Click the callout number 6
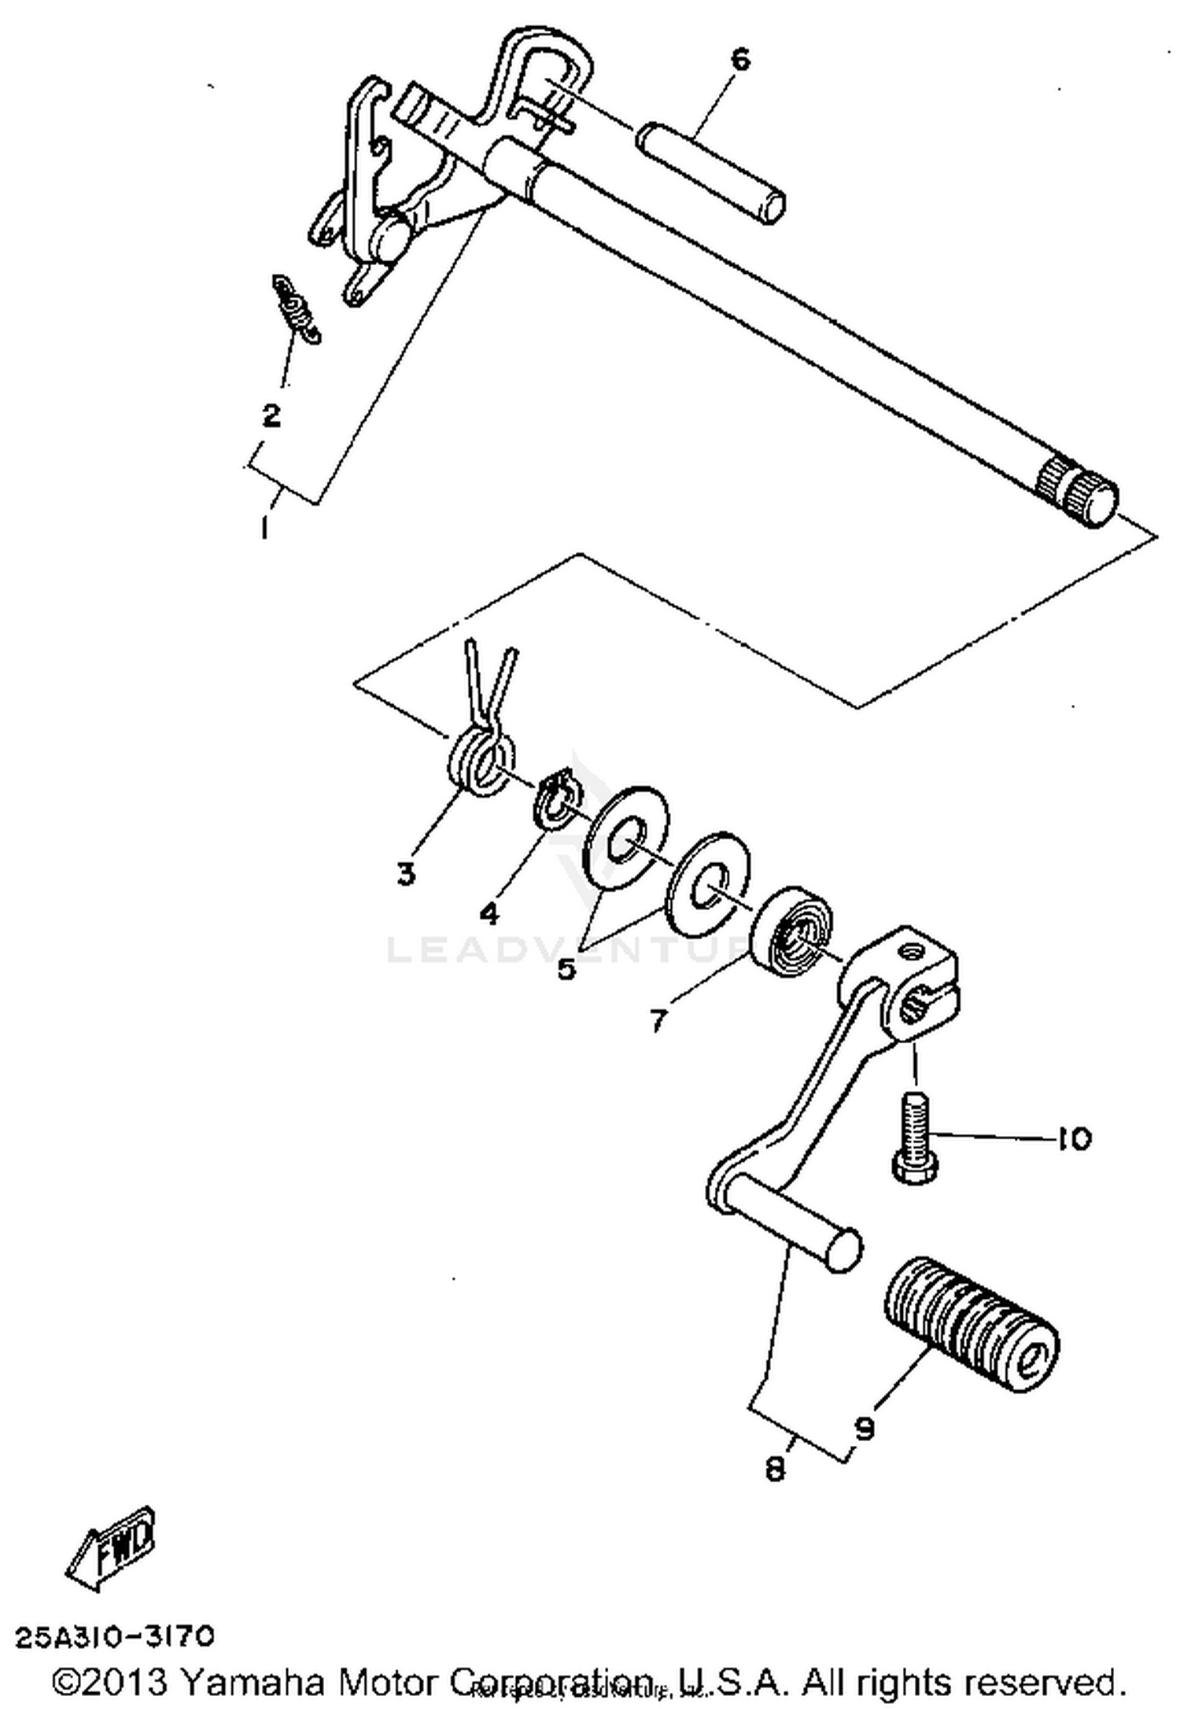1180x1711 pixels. point(741,59)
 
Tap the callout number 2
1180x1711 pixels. point(271,415)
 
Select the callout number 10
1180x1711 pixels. point(1075,1138)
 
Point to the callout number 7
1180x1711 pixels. point(658,1020)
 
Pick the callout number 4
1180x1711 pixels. point(489,913)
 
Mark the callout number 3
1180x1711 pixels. point(406,872)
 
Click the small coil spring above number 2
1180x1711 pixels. point(297,308)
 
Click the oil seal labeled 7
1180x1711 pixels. point(793,931)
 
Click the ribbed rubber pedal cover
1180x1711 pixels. point(972,1326)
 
